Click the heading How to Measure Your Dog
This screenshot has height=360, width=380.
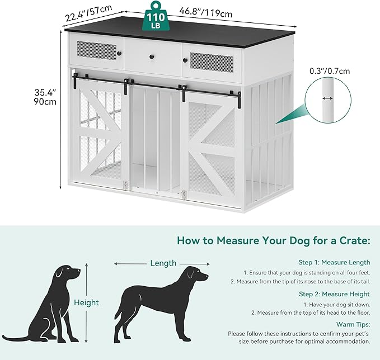(274, 241)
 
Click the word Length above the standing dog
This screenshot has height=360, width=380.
(163, 263)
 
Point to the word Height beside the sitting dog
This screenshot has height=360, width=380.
(86, 302)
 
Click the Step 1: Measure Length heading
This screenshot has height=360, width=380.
(334, 262)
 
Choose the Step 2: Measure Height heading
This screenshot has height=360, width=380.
(334, 294)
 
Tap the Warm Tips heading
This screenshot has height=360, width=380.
(353, 324)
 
